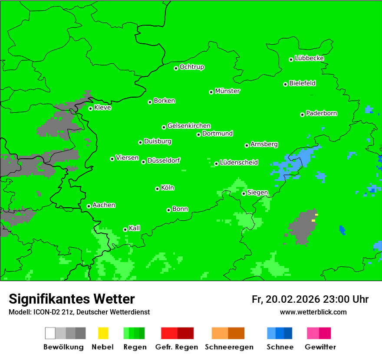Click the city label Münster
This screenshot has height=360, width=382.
[227, 91]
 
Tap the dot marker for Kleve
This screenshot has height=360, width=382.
[90, 108]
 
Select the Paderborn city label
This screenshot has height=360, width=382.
[322, 113]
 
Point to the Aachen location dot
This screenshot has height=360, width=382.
[89, 206]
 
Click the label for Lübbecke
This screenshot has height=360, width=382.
[309, 58]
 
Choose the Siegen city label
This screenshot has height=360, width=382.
[257, 193]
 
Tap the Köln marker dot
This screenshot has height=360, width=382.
[157, 189]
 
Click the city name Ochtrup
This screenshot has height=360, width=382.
[192, 67]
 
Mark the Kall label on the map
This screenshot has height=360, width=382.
[135, 228]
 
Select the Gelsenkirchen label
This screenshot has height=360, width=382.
[189, 126]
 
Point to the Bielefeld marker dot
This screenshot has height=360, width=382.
[285, 84]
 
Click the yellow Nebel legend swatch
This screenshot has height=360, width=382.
[103, 333]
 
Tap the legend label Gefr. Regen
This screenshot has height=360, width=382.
[177, 347]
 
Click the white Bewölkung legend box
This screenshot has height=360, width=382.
[50, 333]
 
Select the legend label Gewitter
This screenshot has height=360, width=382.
[320, 347]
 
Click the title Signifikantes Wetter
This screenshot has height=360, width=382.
[72, 299]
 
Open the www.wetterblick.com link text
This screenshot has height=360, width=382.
[313, 312]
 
